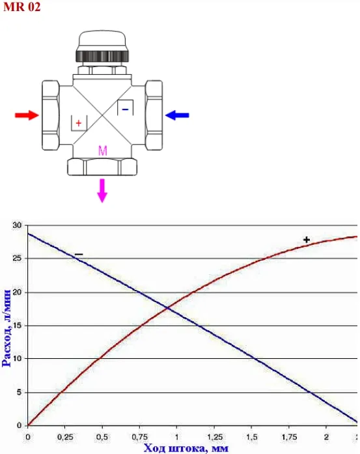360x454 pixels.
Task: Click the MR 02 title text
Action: click(22, 7)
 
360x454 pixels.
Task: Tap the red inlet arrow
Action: click(27, 115)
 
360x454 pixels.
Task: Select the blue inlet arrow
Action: click(177, 115)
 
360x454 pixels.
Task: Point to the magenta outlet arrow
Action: click(102, 190)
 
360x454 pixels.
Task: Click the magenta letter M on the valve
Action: click(103, 151)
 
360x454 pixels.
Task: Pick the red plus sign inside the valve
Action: click(78, 123)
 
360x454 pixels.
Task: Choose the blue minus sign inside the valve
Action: click(125, 109)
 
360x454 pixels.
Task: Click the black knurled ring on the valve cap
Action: click(102, 56)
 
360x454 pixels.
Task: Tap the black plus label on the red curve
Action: click(307, 240)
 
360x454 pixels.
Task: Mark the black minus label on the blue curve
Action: click(79, 255)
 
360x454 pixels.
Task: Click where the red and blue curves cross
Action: click(167, 308)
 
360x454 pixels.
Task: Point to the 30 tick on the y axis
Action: click(17, 225)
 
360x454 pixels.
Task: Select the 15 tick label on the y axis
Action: click(17, 326)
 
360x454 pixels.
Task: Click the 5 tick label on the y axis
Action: click(19, 392)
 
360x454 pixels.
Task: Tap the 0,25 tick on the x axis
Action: click(65, 436)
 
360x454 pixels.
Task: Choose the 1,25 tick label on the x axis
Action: click(214, 436)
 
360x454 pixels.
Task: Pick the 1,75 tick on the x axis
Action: click(289, 436)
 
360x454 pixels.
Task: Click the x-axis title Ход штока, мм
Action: click(186, 448)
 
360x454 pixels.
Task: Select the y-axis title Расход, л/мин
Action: click(7, 328)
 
